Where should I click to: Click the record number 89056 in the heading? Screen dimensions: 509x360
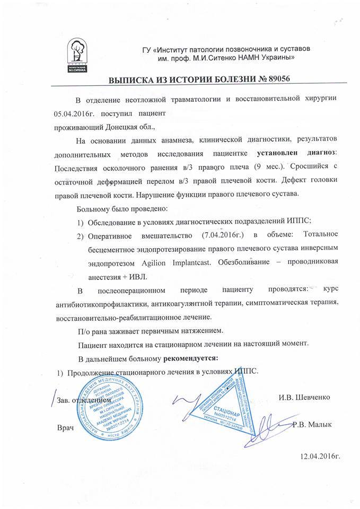pos(275,79)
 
